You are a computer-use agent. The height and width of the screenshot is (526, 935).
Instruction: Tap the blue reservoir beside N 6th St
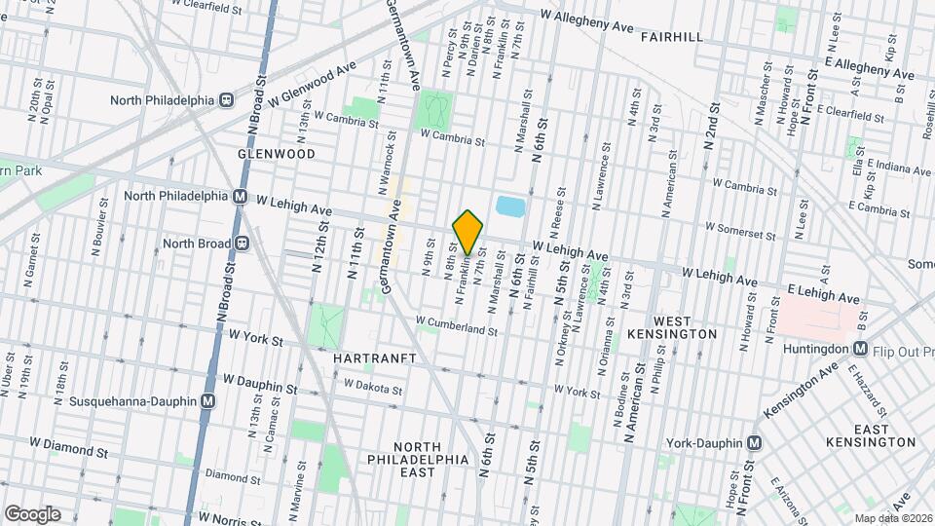pos(510,207)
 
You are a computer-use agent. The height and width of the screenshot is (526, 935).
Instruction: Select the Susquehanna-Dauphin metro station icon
pos(208,400)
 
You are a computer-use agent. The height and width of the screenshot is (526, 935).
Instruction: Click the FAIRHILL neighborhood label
pos(674,36)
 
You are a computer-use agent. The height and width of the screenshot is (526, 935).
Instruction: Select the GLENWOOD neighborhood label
pos(277,154)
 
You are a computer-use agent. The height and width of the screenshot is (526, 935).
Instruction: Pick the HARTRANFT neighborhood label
pos(375,358)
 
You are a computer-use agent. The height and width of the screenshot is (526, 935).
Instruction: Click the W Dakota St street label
pos(373,388)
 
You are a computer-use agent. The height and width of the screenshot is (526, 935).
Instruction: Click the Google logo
pos(32,513)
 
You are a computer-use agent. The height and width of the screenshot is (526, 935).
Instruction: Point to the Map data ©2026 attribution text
pos(893,518)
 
